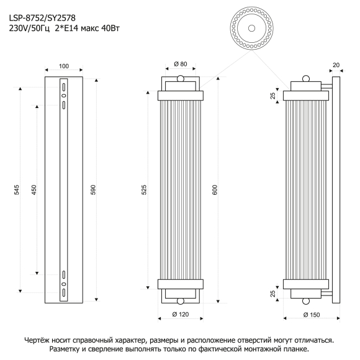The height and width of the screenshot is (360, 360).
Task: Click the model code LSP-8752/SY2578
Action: click(42, 18)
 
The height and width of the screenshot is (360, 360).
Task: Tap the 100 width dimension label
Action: click(63, 66)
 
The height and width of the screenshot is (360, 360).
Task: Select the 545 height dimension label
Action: click(17, 190)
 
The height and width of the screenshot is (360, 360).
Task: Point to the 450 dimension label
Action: click(34, 190)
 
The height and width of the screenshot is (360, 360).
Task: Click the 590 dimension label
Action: click(93, 190)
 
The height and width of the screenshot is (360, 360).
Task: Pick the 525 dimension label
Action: click(144, 190)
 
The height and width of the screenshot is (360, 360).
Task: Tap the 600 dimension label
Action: click(215, 190)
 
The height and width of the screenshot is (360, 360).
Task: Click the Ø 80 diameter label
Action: click(181, 64)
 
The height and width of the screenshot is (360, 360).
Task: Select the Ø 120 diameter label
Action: click(181, 314)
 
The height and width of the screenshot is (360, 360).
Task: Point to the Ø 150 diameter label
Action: click(312, 315)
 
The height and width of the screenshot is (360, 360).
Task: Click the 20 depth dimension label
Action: click(336, 65)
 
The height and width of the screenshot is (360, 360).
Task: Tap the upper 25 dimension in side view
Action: click(272, 96)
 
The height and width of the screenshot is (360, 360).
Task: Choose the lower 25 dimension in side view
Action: click(272, 294)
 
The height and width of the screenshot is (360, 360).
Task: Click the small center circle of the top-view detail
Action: click(251, 28)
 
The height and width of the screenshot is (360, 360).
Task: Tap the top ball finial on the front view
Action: click(181, 79)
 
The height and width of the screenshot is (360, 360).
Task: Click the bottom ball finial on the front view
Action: click(181, 301)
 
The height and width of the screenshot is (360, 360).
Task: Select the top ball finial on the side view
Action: click(306, 79)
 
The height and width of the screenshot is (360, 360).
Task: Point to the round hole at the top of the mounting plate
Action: click(63, 96)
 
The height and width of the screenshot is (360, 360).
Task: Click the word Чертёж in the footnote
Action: click(37, 340)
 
